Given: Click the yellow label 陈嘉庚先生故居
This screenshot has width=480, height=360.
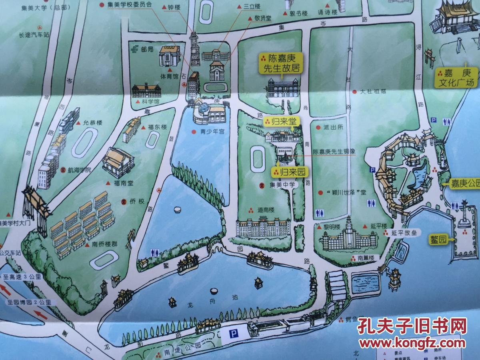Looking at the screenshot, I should click(280, 64).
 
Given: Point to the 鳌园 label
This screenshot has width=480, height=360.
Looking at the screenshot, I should click(438, 239).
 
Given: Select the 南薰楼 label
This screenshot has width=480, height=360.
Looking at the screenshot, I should click(365, 258).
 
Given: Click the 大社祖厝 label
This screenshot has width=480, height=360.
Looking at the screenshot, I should click(373, 92).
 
